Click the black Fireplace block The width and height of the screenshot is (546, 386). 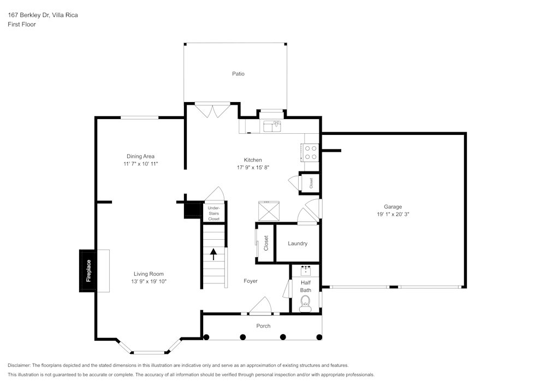click(x=88, y=270)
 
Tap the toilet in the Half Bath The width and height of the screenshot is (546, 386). click(x=305, y=303)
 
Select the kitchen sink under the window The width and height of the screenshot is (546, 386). click(x=271, y=127)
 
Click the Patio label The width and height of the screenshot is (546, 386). click(x=238, y=73)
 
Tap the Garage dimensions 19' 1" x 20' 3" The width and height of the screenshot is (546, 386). click(x=393, y=215)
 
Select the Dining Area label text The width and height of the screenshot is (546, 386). click(x=140, y=156)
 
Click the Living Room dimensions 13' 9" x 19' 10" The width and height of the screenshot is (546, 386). click(x=149, y=282)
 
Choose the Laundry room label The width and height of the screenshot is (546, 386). click(x=298, y=244)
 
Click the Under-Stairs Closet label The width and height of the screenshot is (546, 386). click(x=213, y=213)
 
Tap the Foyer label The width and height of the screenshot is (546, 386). click(x=251, y=281)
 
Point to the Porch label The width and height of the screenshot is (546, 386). click(x=263, y=326)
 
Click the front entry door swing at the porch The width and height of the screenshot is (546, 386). click(x=262, y=306)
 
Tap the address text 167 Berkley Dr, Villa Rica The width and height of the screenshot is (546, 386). click(x=43, y=15)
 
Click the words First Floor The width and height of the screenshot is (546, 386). click(x=22, y=25)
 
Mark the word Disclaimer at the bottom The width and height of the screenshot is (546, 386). click(x=19, y=365)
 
